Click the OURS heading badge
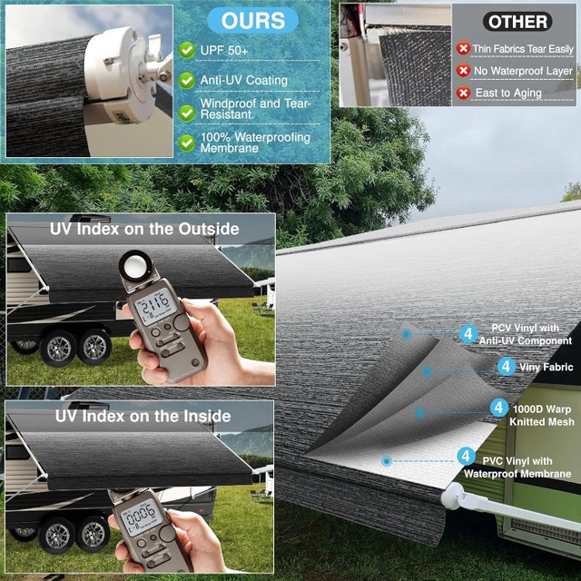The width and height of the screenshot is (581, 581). click(252, 20)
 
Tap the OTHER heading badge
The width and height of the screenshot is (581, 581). click(517, 22)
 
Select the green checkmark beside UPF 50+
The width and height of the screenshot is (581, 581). click(187, 51)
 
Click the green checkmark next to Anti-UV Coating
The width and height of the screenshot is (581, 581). click(187, 80)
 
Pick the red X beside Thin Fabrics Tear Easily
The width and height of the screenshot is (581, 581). click(463, 48)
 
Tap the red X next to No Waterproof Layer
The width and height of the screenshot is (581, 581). click(463, 71)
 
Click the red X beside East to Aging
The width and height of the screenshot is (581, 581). click(463, 93)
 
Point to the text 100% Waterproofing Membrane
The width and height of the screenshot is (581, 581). click(255, 143)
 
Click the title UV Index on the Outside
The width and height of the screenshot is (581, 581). click(144, 229)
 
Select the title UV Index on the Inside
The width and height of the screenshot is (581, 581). click(143, 416)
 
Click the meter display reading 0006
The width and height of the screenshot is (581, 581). click(141, 517)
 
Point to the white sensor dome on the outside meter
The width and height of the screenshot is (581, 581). click(135, 265)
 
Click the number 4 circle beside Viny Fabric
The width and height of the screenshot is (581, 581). click(507, 367)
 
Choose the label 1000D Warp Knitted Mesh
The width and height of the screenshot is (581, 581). click(542, 416)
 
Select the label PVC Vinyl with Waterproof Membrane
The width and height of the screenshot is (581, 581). click(517, 468)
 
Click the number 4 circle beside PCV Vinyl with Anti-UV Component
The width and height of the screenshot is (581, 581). click(468, 334)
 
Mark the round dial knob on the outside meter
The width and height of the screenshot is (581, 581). click(182, 323)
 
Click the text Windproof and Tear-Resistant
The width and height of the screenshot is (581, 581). click(255, 109)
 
